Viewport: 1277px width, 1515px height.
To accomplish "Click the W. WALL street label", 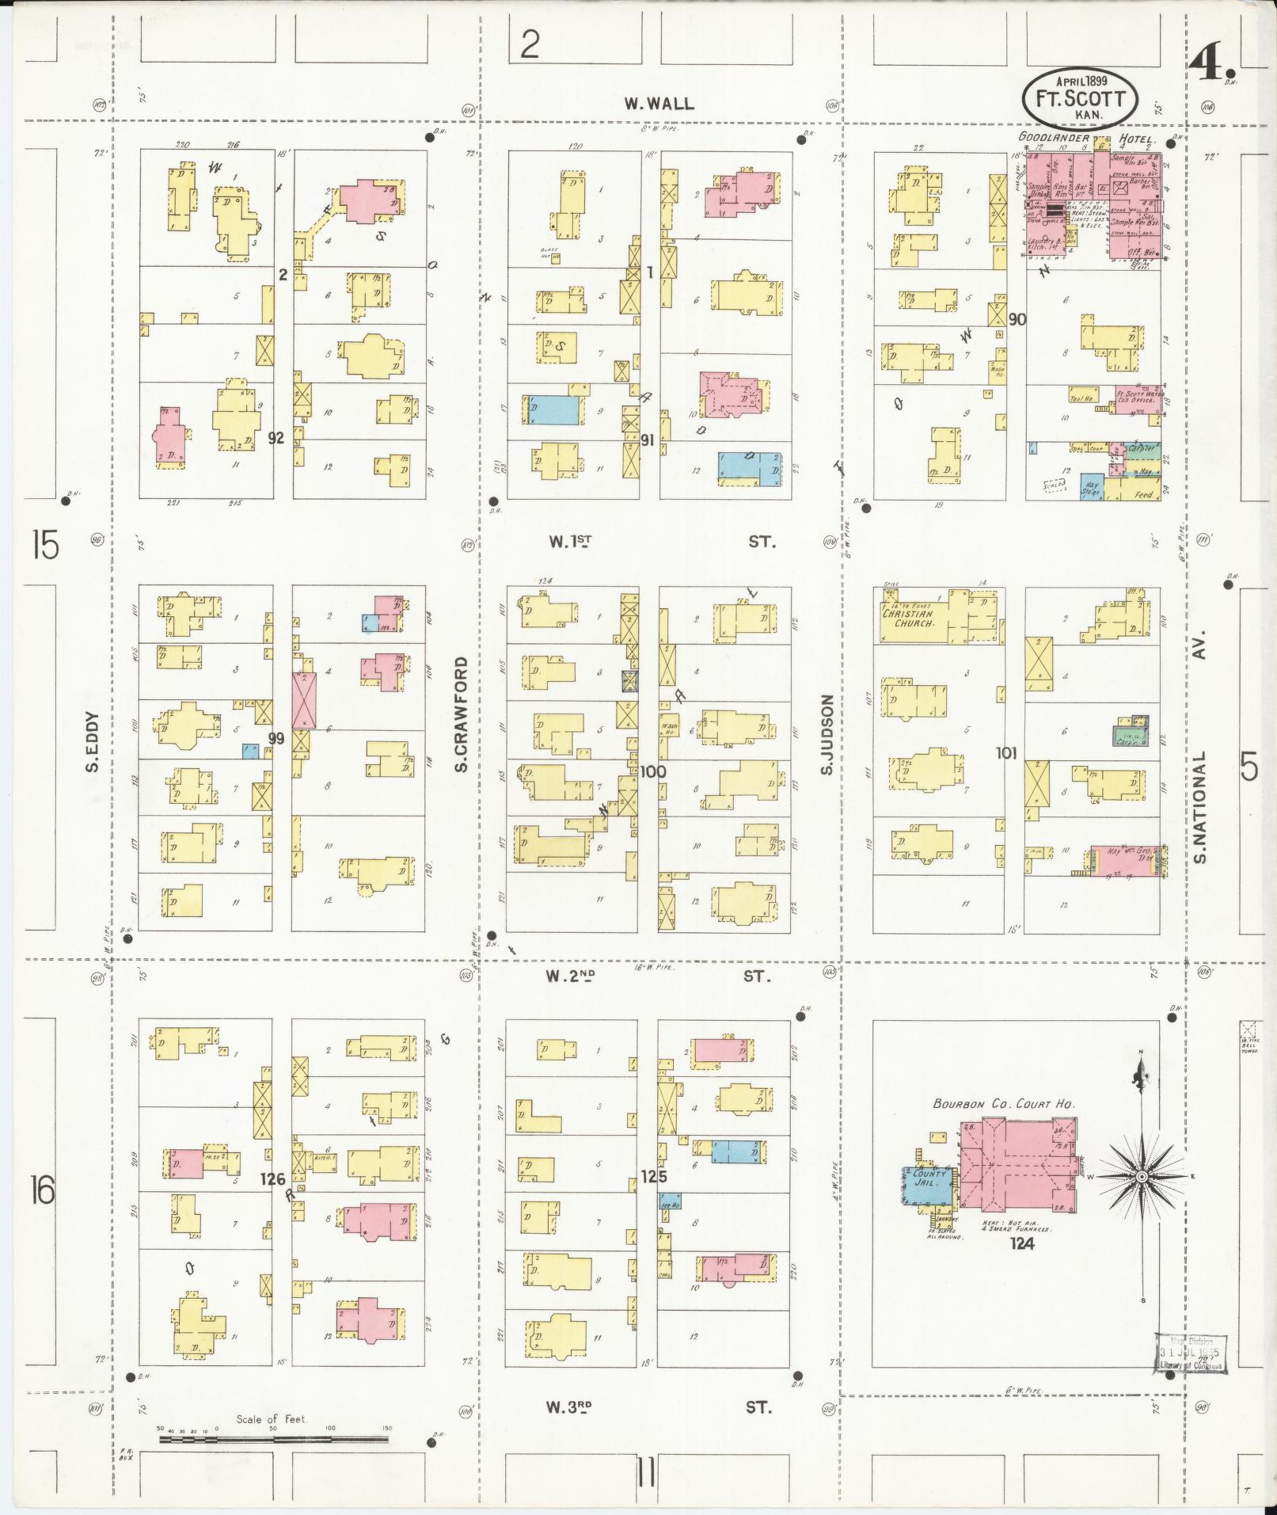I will point(659,103).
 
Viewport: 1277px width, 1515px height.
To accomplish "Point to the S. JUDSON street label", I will point(827,735).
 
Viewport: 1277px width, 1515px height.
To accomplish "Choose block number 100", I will point(654,771).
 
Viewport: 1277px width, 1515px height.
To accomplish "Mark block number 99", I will point(276,738).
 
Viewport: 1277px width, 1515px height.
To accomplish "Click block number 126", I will point(273,1179).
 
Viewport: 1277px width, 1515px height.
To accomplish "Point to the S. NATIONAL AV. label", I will point(1200,747).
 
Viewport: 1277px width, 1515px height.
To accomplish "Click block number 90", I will point(1017,319).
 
